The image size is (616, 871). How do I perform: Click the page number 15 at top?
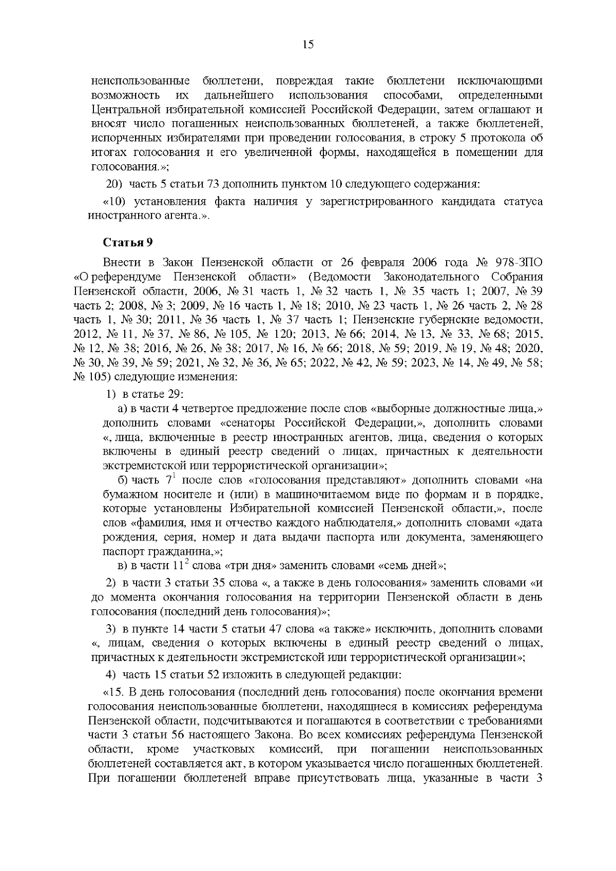click(308, 44)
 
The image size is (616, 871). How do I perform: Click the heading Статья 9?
click(128, 242)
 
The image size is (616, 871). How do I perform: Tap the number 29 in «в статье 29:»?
click(175, 394)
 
